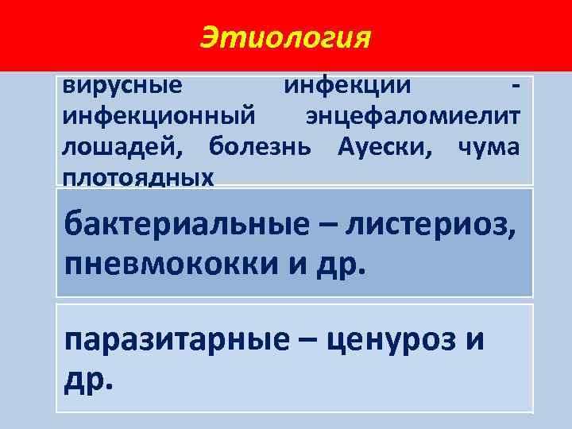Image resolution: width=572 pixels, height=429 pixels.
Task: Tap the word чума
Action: (x=489, y=148)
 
